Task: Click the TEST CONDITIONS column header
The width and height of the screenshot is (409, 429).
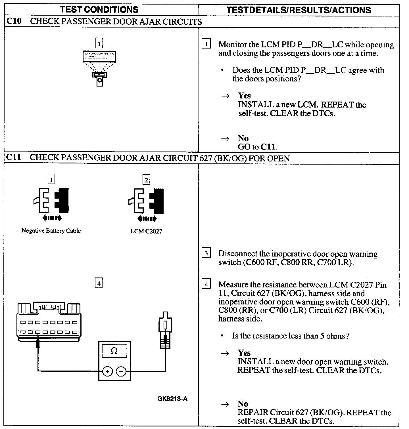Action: pyautogui.click(x=99, y=10)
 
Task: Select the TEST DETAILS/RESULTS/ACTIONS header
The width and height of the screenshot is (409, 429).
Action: pyautogui.click(x=299, y=10)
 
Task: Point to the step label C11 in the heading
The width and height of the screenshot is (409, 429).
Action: pyautogui.click(x=14, y=157)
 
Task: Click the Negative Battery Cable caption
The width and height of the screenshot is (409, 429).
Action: pyautogui.click(x=51, y=231)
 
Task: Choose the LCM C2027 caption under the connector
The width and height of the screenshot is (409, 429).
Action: pyautogui.click(x=146, y=231)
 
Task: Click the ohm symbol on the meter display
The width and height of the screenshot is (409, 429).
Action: pyautogui.click(x=114, y=351)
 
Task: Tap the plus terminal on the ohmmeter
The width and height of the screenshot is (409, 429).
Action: pyautogui.click(x=107, y=371)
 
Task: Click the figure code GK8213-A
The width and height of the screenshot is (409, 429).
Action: pyautogui.click(x=172, y=399)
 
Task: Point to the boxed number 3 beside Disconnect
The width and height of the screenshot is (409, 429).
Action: pyautogui.click(x=206, y=253)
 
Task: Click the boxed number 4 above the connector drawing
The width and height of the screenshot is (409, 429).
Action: pyautogui.click(x=98, y=283)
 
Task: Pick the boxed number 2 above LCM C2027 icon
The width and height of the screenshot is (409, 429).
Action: pyautogui.click(x=146, y=180)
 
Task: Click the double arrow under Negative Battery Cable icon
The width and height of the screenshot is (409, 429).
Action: pyautogui.click(x=51, y=218)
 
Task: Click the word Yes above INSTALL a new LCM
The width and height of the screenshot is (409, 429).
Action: pyautogui.click(x=244, y=96)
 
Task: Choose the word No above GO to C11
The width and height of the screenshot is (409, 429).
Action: pyautogui.click(x=243, y=138)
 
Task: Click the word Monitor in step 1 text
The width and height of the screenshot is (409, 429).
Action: pyautogui.click(x=232, y=45)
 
